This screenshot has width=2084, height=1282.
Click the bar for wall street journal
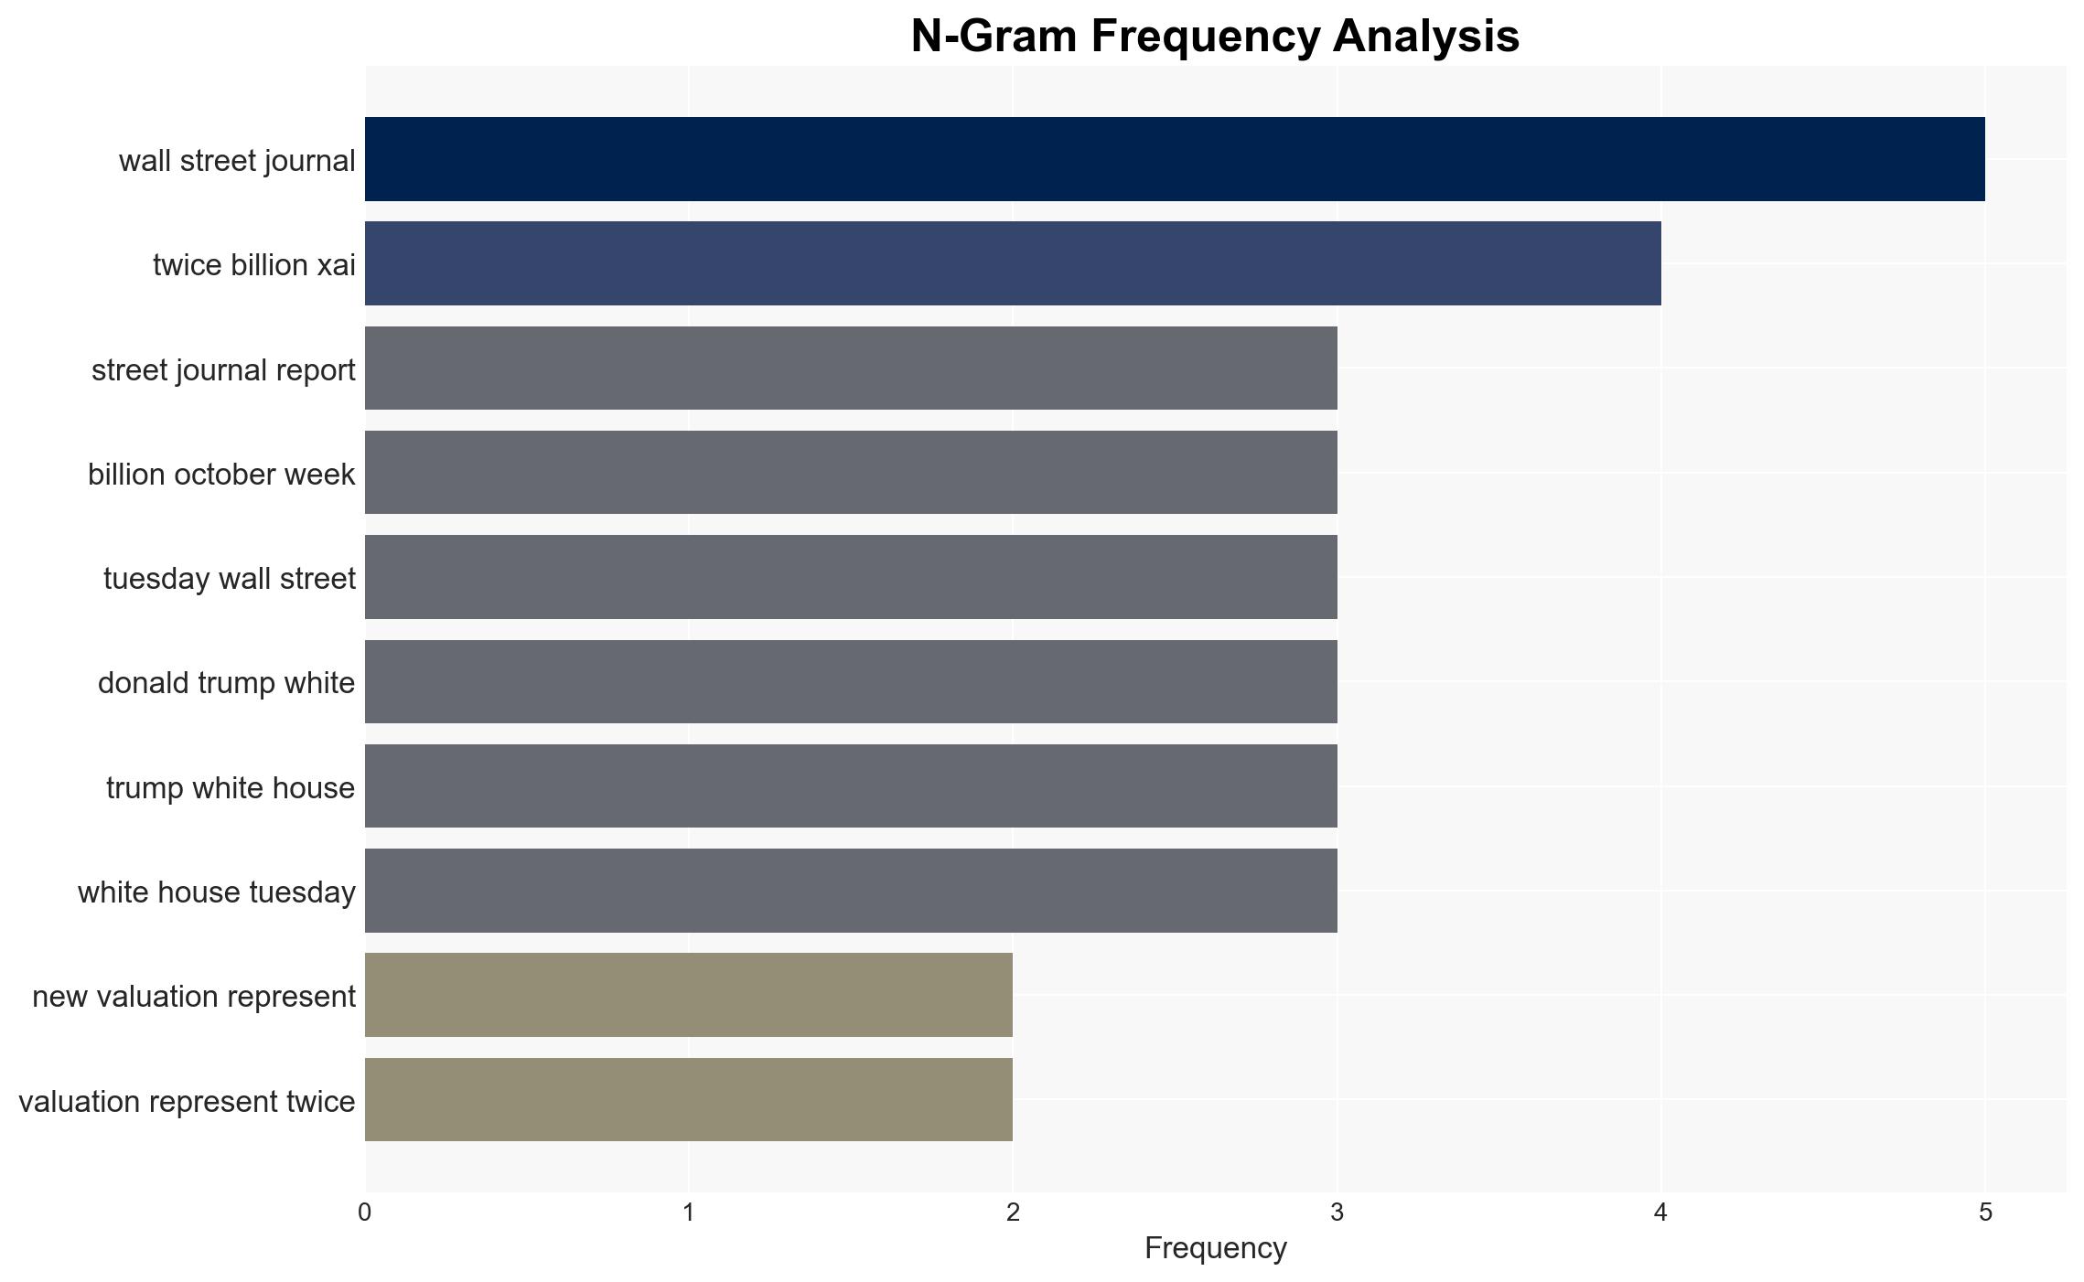(x=1175, y=159)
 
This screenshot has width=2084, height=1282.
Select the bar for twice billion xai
(x=1013, y=263)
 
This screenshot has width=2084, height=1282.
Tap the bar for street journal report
(x=851, y=368)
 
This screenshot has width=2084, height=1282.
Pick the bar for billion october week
(x=851, y=473)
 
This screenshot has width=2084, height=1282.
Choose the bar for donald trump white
(x=851, y=681)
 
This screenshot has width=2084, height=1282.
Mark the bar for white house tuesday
(x=851, y=891)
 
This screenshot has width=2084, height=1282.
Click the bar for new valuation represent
(x=689, y=995)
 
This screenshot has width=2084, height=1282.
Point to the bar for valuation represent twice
(x=689, y=1099)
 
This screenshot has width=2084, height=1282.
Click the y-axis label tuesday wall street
(x=230, y=579)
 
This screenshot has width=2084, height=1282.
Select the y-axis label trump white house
(x=231, y=788)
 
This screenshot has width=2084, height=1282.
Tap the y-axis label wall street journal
(x=237, y=161)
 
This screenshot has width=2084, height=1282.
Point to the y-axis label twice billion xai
(x=254, y=265)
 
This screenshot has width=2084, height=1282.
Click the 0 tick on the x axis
(x=365, y=1213)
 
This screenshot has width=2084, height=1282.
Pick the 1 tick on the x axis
(x=689, y=1213)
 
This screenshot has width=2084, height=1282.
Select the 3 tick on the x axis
(x=1337, y=1213)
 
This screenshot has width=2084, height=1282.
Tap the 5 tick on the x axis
(x=1985, y=1213)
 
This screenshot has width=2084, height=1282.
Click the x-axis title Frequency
(x=1216, y=1248)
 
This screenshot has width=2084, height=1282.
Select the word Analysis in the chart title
(x=1426, y=37)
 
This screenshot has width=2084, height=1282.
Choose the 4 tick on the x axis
(x=1661, y=1213)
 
